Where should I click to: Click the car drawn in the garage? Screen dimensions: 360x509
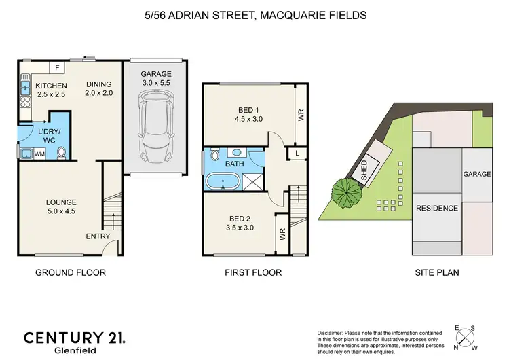pyautogui.click(x=156, y=124)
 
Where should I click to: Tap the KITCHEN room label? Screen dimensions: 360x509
pyautogui.click(x=52, y=85)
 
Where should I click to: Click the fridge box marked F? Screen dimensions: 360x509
pyautogui.click(x=57, y=67)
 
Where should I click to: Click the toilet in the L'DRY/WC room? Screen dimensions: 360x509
pyautogui.click(x=61, y=153)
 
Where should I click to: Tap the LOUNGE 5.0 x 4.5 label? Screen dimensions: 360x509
pyautogui.click(x=61, y=202)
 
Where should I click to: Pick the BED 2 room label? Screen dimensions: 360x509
pyautogui.click(x=238, y=218)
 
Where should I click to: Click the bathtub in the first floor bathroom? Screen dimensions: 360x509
pyautogui.click(x=223, y=181)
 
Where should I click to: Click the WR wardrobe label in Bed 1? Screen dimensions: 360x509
pyautogui.click(x=301, y=115)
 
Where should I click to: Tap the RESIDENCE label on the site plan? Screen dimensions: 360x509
pyautogui.click(x=436, y=208)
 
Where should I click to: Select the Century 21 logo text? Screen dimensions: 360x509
pyautogui.click(x=75, y=338)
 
